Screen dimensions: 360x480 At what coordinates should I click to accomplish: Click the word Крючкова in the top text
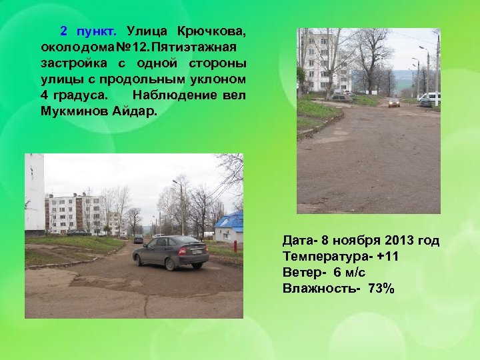pyautogui.click(x=211, y=31)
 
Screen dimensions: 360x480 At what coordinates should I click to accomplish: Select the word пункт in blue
pyautogui.click(x=96, y=31)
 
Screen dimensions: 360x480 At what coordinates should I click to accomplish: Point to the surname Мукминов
pyautogui.click(x=74, y=111)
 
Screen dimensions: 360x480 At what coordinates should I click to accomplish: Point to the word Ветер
pyautogui.click(x=304, y=273)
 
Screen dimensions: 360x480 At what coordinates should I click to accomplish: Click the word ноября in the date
pyautogui.click(x=345, y=241)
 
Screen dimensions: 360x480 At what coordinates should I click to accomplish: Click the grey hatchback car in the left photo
pyautogui.click(x=170, y=252)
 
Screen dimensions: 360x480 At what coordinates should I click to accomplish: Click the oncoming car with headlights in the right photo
pyautogui.click(x=394, y=103)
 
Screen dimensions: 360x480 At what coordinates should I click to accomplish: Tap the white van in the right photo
pyautogui.click(x=431, y=98)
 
